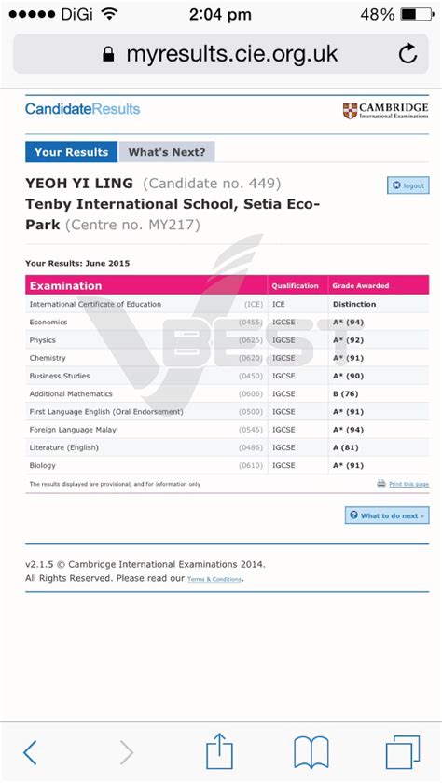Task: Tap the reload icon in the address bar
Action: pyautogui.click(x=407, y=54)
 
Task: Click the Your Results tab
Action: pyautogui.click(x=71, y=152)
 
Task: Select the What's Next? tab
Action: pyautogui.click(x=167, y=152)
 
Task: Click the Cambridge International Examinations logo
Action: pyautogui.click(x=385, y=111)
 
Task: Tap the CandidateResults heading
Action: pyautogui.click(x=82, y=109)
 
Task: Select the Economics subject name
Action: pyautogui.click(x=48, y=323)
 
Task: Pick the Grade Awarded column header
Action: pyautogui.click(x=361, y=286)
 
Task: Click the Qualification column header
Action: pyautogui.click(x=295, y=286)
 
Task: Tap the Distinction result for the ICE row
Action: pyautogui.click(x=354, y=304)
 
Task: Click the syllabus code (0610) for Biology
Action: pyautogui.click(x=251, y=465)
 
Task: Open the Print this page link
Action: pyautogui.click(x=408, y=485)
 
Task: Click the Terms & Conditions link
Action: pyautogui.click(x=214, y=580)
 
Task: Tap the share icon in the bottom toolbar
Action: pyautogui.click(x=219, y=750)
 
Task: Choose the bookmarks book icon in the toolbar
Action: pyautogui.click(x=311, y=751)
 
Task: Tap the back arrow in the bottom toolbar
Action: pyautogui.click(x=31, y=751)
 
